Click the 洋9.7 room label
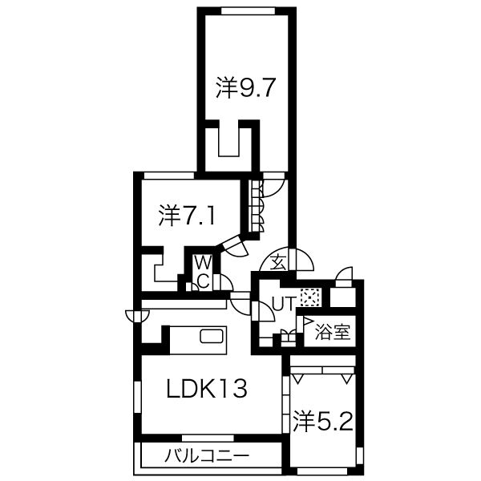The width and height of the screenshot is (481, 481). [245, 87]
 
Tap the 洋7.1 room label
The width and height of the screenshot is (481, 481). [187, 215]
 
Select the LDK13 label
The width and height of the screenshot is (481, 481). [207, 388]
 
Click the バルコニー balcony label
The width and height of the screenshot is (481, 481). [207, 456]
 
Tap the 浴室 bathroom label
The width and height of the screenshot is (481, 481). [333, 332]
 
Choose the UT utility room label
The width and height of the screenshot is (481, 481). [284, 303]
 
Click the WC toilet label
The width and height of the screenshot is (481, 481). [204, 272]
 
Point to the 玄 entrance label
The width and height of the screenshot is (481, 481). [278, 263]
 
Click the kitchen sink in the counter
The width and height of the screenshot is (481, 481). [212, 336]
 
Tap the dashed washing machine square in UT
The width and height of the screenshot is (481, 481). [310, 297]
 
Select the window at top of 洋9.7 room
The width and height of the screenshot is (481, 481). [248, 10]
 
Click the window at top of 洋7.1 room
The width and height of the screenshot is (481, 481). [168, 176]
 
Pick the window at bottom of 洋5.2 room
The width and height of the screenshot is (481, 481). [322, 471]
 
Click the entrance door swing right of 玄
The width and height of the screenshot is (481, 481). [302, 260]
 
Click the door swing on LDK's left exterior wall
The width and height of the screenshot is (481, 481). [137, 316]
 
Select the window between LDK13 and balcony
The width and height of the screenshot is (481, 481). [208, 438]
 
